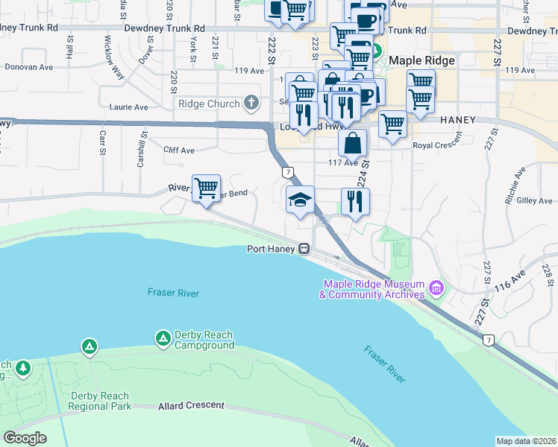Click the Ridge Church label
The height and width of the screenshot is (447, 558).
pyautogui.click(x=208, y=104)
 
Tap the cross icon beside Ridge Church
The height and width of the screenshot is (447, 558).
pyautogui.click(x=252, y=104)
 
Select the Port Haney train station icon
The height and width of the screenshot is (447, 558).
pyautogui.click(x=304, y=249)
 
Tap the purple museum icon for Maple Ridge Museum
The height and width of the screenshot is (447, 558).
pyautogui.click(x=436, y=286)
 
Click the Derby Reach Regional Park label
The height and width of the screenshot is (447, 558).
pyautogui.click(x=100, y=401)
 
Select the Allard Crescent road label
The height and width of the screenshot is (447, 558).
pyautogui.click(x=191, y=405)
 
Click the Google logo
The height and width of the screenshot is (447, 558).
pyautogui.click(x=24, y=438)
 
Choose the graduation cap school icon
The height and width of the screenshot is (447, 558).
pyautogui.click(x=300, y=199)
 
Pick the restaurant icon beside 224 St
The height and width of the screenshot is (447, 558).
pyautogui.click(x=355, y=200)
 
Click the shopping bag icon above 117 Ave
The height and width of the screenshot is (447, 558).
pyautogui.click(x=352, y=142)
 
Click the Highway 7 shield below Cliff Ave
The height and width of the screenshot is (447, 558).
pyautogui.click(x=287, y=172)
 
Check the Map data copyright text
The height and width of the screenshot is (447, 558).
pyautogui.click(x=526, y=441)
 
